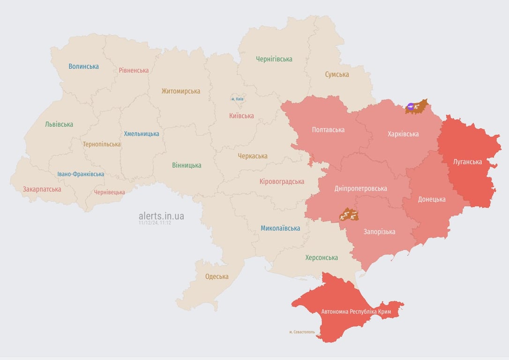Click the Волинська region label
click(83, 67)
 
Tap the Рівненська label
click(134, 70)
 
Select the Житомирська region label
click(180, 91)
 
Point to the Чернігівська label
click(274, 59)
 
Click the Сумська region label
click(337, 75)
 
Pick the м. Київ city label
click(238, 99)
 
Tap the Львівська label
click(59, 125)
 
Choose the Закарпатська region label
click(42, 189)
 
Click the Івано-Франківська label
click(81, 174)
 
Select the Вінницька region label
click(187, 165)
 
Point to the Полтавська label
click(328, 130)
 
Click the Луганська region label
click(467, 162)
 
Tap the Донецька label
click(431, 199)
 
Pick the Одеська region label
click(217, 277)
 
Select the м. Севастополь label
click(302, 332)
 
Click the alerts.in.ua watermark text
click(161, 216)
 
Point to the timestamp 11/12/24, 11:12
click(155, 223)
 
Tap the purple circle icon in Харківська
click(411, 107)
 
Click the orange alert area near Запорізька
click(349, 215)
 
